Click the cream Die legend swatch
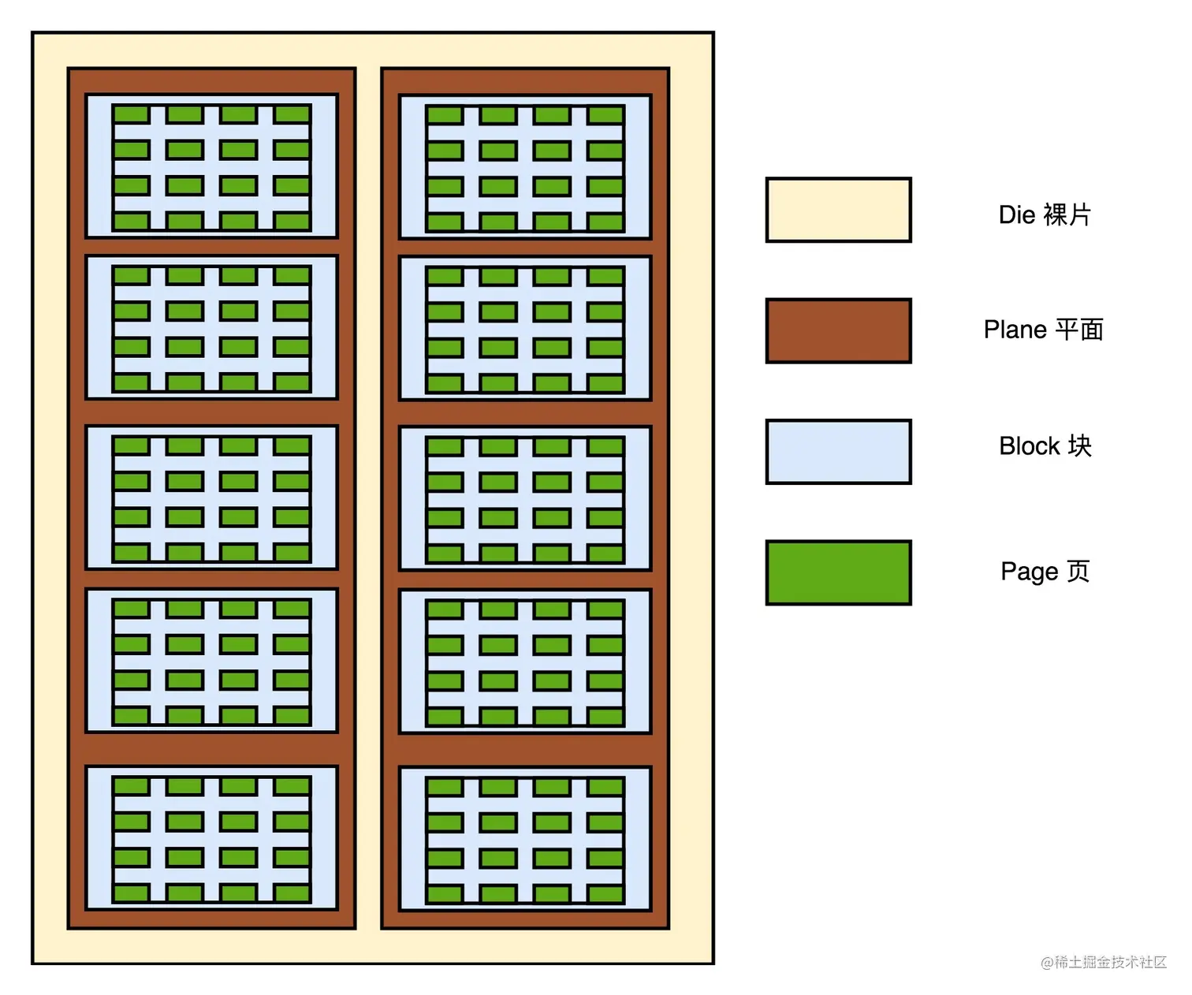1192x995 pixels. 838,210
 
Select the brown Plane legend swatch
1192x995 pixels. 838,330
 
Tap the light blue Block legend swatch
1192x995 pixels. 838,451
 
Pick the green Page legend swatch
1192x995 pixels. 838,572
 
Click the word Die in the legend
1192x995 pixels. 1016,214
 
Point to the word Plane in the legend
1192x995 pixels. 1015,330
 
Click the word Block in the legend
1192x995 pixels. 1029,446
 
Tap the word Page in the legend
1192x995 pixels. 1029,572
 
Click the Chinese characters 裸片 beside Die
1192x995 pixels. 1067,214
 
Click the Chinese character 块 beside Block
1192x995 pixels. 1079,446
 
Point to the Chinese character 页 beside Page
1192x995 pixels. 1078,572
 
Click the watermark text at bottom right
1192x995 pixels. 1103,962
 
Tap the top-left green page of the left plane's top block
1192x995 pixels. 132,114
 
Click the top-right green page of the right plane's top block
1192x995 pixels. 605,115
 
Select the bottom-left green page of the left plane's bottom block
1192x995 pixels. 132,893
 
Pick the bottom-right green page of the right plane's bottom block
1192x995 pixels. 605,894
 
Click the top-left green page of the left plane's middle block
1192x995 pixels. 132,446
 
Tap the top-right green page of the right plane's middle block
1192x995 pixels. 605,447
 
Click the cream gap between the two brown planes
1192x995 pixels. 368,497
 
